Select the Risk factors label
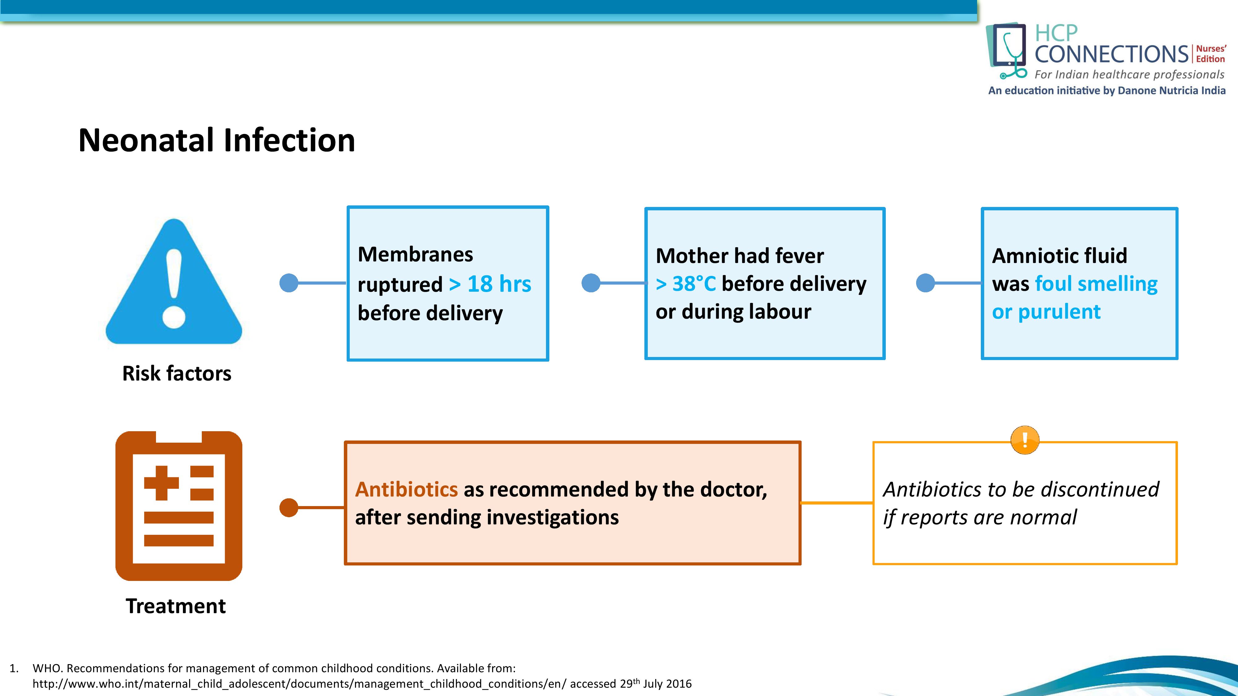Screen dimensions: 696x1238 (x=176, y=373)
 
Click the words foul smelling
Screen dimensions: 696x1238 (x=1096, y=284)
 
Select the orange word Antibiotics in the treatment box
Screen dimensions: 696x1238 (x=406, y=489)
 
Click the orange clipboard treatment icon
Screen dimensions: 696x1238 (x=179, y=506)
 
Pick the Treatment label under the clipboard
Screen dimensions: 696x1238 (x=175, y=606)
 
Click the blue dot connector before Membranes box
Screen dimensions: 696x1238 (x=289, y=283)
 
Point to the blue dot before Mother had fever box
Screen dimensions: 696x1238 (x=591, y=283)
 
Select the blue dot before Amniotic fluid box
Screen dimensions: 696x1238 (x=925, y=283)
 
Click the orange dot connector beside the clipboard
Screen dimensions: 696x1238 (x=289, y=507)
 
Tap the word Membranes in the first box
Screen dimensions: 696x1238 (x=415, y=254)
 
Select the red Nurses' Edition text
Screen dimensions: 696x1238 (x=1210, y=54)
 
